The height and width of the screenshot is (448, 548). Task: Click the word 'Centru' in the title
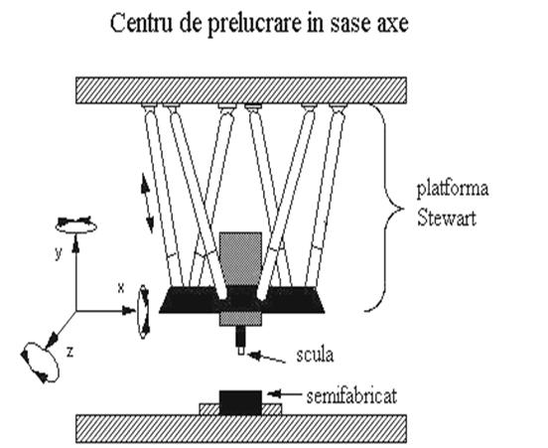pyautogui.click(x=142, y=24)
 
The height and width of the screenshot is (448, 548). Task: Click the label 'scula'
pyautogui.click(x=315, y=355)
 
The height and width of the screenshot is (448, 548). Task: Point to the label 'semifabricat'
pyautogui.click(x=351, y=397)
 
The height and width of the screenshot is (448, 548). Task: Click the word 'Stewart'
pyautogui.click(x=447, y=219)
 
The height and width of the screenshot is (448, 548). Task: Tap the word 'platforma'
pyautogui.click(x=453, y=189)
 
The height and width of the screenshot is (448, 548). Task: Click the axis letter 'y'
pyautogui.click(x=59, y=253)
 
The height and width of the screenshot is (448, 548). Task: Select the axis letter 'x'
pyautogui.click(x=120, y=288)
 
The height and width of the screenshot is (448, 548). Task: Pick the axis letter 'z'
pyautogui.click(x=69, y=353)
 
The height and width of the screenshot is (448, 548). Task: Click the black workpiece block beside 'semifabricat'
pyautogui.click(x=240, y=402)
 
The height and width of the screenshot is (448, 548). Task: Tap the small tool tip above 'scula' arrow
pyautogui.click(x=241, y=351)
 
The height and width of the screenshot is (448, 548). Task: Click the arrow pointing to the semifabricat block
pyautogui.click(x=285, y=393)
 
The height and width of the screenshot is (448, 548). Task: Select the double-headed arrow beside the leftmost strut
pyautogui.click(x=147, y=204)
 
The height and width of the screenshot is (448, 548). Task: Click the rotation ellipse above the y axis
pyautogui.click(x=75, y=224)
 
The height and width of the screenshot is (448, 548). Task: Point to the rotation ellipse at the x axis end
pyautogui.click(x=144, y=312)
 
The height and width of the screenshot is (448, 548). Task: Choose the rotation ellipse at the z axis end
pyautogui.click(x=40, y=362)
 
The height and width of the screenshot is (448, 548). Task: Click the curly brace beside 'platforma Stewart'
pyautogui.click(x=384, y=210)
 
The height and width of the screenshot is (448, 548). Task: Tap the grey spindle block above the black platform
pyautogui.click(x=240, y=259)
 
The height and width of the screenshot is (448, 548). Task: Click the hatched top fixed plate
pyautogui.click(x=241, y=90)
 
